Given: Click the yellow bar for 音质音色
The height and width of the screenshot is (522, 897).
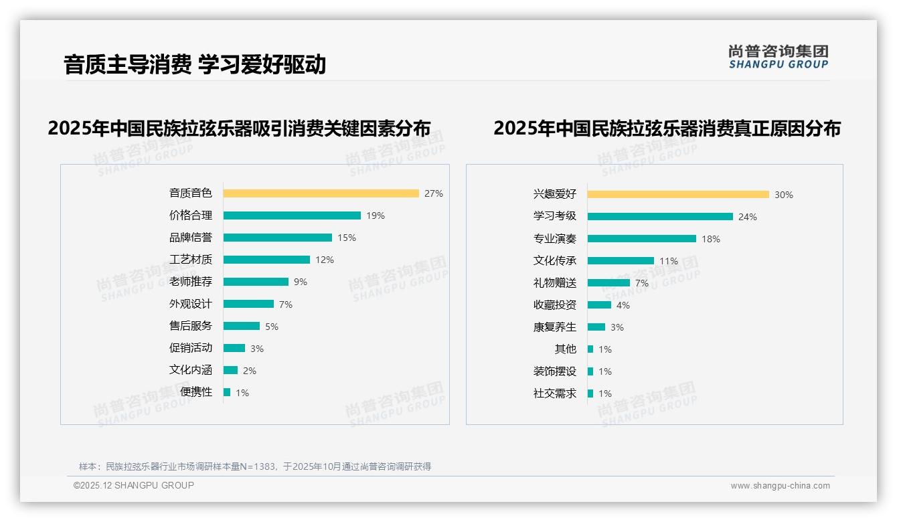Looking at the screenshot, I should click(x=321, y=193).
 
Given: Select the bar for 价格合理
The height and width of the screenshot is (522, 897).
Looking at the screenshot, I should click(x=292, y=215).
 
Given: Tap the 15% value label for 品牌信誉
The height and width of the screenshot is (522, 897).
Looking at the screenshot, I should click(x=347, y=238).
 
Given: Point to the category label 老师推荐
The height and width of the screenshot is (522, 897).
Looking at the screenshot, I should click(x=190, y=282).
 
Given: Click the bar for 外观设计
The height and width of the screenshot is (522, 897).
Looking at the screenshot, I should click(x=248, y=304).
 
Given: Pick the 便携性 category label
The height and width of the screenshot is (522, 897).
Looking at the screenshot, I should click(x=196, y=392).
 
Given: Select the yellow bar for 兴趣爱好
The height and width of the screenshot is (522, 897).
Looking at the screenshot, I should click(x=678, y=195).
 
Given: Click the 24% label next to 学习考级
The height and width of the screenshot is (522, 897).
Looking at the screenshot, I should click(x=748, y=217).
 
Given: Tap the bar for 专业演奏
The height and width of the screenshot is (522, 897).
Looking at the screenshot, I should click(x=641, y=239).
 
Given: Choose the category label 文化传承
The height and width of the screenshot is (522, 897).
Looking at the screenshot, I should click(x=554, y=261).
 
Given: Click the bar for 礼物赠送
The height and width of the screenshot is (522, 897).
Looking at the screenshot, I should click(x=608, y=283).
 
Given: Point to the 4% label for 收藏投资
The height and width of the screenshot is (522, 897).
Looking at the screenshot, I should click(x=623, y=305).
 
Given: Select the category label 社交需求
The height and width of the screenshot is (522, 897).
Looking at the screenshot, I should click(x=554, y=394).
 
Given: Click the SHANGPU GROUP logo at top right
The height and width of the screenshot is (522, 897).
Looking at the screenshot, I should click(x=778, y=57).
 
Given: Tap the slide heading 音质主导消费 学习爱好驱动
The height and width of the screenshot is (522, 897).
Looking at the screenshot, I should click(x=195, y=65).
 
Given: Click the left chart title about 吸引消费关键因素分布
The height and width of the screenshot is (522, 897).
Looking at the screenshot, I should click(x=239, y=128).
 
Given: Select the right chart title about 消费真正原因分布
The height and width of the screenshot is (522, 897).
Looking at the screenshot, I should click(x=667, y=128).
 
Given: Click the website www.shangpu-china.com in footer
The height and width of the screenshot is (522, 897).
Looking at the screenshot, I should click(x=780, y=486).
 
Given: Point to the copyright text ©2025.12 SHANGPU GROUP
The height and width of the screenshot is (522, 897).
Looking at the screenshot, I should click(x=134, y=485).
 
